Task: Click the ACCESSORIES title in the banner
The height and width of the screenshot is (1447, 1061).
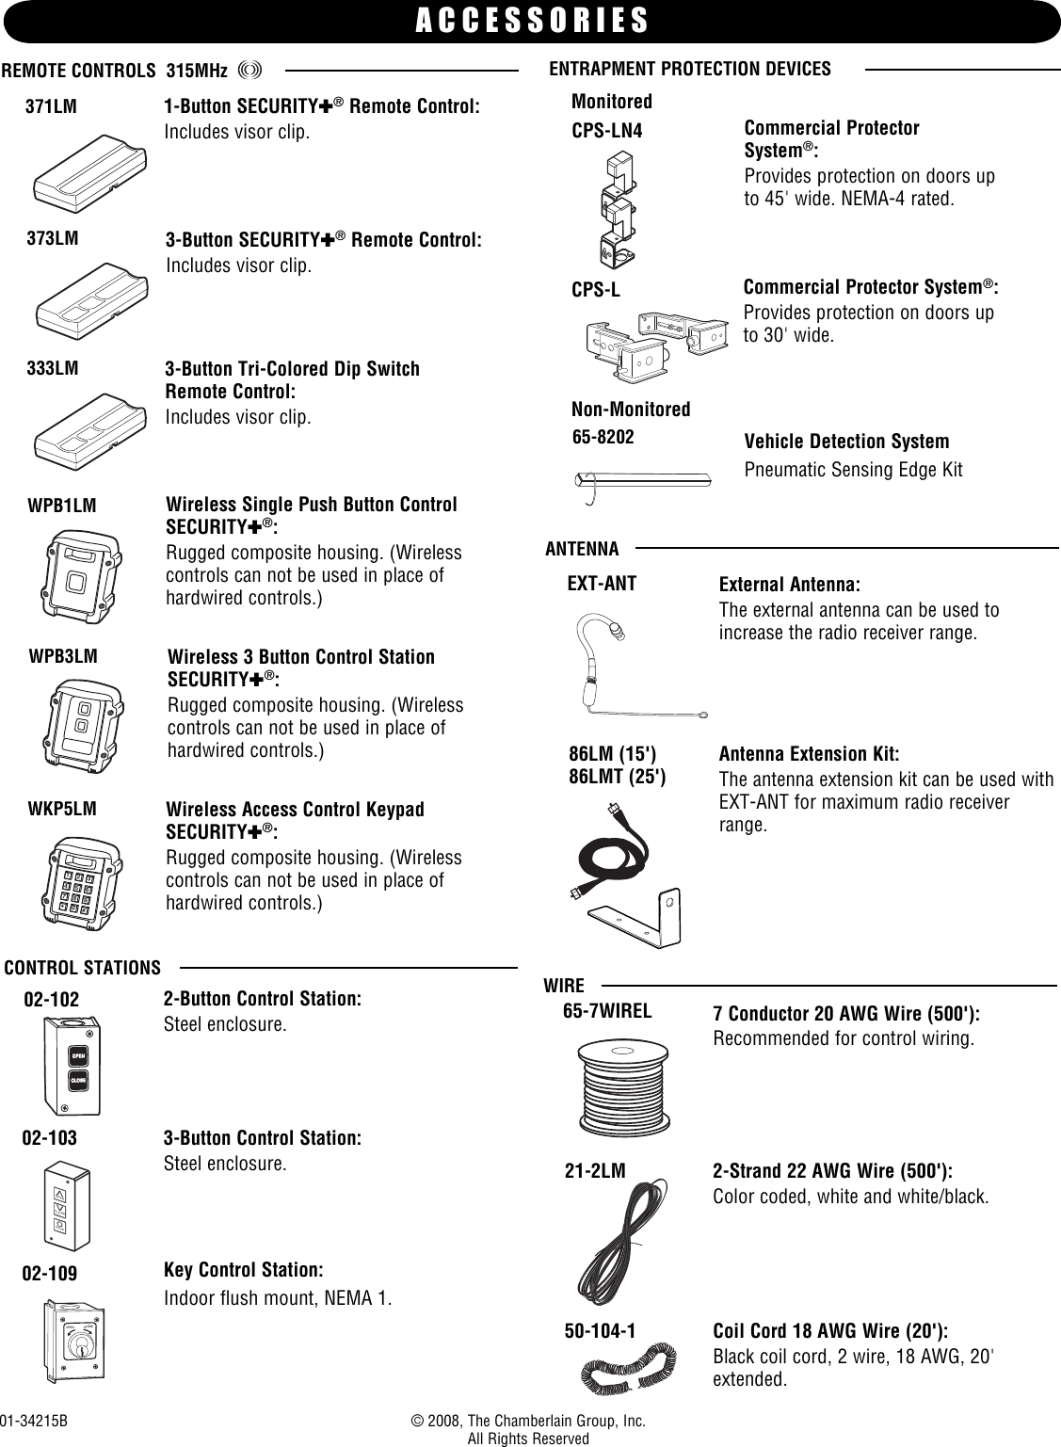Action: coord(532,21)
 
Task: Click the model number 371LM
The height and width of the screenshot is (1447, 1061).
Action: coord(51,108)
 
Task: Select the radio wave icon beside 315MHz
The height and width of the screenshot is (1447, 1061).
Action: coord(249,71)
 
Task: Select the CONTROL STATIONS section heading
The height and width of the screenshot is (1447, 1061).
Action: coord(83,968)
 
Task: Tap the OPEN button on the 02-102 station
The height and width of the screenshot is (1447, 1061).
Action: coord(79,1056)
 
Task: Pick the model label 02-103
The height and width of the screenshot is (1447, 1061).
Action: coord(50,1138)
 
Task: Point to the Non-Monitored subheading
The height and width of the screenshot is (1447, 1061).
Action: coord(631,410)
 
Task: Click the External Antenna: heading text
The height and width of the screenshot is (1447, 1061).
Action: coord(790,584)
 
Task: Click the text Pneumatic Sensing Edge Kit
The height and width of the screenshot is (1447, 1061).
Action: coord(853,470)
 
